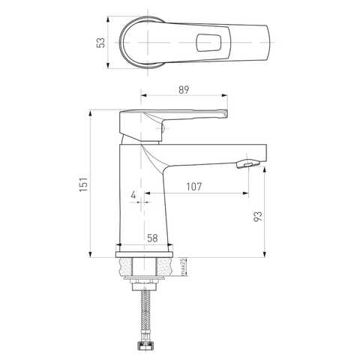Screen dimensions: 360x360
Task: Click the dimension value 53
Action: coord(101,43)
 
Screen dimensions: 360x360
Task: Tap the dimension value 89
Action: coord(184,90)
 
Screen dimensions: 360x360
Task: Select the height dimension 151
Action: coord(84,184)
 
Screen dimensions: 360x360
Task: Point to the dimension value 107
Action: coord(194,187)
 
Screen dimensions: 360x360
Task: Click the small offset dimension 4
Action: coord(133,194)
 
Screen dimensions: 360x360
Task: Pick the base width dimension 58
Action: coord(152,238)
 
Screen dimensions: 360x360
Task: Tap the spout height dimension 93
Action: coord(258,216)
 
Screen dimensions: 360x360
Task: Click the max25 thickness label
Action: coord(182,267)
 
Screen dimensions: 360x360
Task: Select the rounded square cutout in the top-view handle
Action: coord(208,43)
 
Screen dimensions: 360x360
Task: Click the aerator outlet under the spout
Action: coord(247,164)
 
